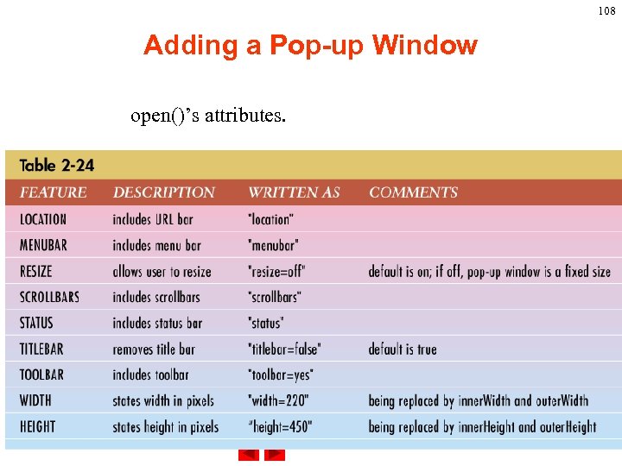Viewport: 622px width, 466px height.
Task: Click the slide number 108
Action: pyautogui.click(x=607, y=11)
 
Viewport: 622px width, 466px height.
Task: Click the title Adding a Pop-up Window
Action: pyautogui.click(x=310, y=45)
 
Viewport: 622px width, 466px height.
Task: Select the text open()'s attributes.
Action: pyautogui.click(x=207, y=116)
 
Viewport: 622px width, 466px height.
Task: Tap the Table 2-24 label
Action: pyautogui.click(x=57, y=165)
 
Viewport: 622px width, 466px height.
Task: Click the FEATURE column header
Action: pyautogui.click(x=54, y=192)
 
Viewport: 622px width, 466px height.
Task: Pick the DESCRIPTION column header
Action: pyautogui.click(x=164, y=192)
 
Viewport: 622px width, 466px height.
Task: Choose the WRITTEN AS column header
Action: pyautogui.click(x=294, y=192)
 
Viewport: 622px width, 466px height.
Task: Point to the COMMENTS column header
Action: pyautogui.click(x=413, y=192)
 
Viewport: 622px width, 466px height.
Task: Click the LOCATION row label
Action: pyautogui.click(x=43, y=219)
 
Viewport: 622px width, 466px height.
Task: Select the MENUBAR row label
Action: pyautogui.click(x=43, y=245)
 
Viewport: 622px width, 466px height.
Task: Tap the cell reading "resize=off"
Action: pyautogui.click(x=276, y=271)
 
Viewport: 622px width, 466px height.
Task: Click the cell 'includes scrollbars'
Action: pyautogui.click(x=156, y=297)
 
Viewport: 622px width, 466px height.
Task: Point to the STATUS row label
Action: pyautogui.click(x=36, y=323)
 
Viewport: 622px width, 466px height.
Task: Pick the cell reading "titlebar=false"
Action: pyautogui.click(x=284, y=349)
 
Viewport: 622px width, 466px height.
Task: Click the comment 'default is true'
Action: pyautogui.click(x=403, y=349)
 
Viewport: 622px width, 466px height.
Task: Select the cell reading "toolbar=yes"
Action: pyautogui.click(x=280, y=375)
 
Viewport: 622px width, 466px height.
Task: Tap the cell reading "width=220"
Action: pyautogui.click(x=278, y=400)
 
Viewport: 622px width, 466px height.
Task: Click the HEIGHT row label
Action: pyautogui.click(x=37, y=426)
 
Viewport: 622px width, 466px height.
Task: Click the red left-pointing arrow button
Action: pyautogui.click(x=248, y=456)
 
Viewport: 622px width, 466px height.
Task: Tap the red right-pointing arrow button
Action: pyautogui.click(x=274, y=456)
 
